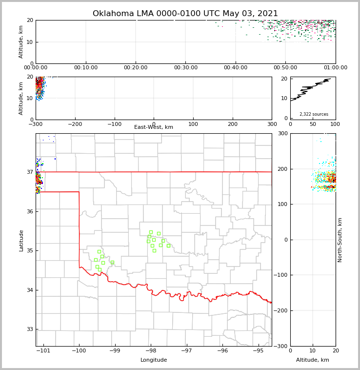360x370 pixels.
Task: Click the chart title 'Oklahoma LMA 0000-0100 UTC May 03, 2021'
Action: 185,14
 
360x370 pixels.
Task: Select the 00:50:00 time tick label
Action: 285,68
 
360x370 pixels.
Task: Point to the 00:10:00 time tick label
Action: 86,68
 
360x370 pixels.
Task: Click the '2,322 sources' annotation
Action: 314,114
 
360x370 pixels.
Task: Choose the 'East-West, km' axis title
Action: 154,127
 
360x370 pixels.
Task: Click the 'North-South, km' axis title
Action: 340,240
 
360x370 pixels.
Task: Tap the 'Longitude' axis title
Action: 154,360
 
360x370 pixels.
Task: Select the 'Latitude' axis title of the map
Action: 21,240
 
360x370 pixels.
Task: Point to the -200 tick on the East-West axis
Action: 75,124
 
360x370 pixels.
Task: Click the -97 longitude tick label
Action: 187,351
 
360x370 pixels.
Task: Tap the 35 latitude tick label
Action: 30,250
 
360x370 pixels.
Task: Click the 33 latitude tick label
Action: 30,329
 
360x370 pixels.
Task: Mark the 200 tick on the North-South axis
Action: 283,169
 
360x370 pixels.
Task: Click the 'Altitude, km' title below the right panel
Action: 313,360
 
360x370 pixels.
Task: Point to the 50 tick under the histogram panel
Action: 313,124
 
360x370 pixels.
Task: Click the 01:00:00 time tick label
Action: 335,68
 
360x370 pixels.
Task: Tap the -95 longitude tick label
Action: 259,351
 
